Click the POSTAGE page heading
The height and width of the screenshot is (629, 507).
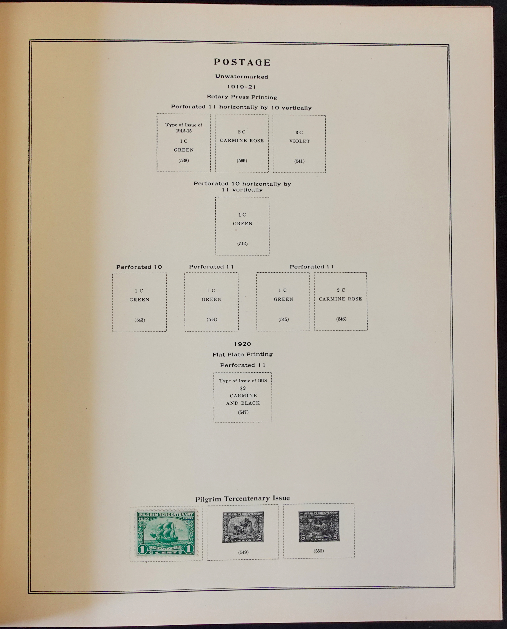(x=242, y=62)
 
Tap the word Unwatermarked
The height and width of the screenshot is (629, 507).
(x=242, y=77)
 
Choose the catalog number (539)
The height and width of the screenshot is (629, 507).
(x=242, y=161)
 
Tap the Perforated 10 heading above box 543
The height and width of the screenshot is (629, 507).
(x=139, y=267)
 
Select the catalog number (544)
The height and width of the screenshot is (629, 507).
(x=212, y=319)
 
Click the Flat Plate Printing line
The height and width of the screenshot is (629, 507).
(x=242, y=354)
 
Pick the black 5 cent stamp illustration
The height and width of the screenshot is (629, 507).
(x=319, y=526)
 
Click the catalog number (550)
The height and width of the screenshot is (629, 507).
(x=319, y=551)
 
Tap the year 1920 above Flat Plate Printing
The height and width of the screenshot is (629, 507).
(x=242, y=344)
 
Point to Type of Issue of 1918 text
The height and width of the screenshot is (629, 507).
(x=243, y=381)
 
